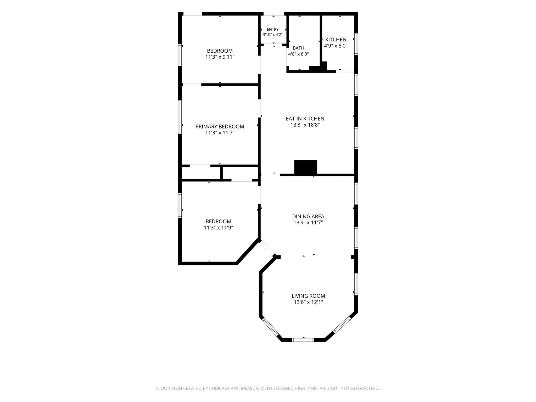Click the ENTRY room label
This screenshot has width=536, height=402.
272,30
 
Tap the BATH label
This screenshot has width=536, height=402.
298,48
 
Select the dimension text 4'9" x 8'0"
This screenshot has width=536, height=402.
336,46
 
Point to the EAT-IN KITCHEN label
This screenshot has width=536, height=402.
305,119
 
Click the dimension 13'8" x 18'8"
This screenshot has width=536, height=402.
305,125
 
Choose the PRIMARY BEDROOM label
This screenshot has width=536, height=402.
220,127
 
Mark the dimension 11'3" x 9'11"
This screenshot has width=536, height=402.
220,57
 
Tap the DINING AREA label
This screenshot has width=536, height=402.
308,216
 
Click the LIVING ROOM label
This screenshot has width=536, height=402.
308,296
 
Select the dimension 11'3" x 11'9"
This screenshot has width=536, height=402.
218,228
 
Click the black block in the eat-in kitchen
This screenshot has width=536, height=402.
306,167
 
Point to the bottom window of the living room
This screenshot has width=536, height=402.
303,340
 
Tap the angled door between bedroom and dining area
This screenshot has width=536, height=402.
267,248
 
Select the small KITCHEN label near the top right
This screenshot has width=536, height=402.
336,40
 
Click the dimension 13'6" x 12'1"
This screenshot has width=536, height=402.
308,302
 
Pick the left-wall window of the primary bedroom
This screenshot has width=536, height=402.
180,117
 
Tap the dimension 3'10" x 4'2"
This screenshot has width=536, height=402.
272,35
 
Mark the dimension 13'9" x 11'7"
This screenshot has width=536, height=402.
308,223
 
